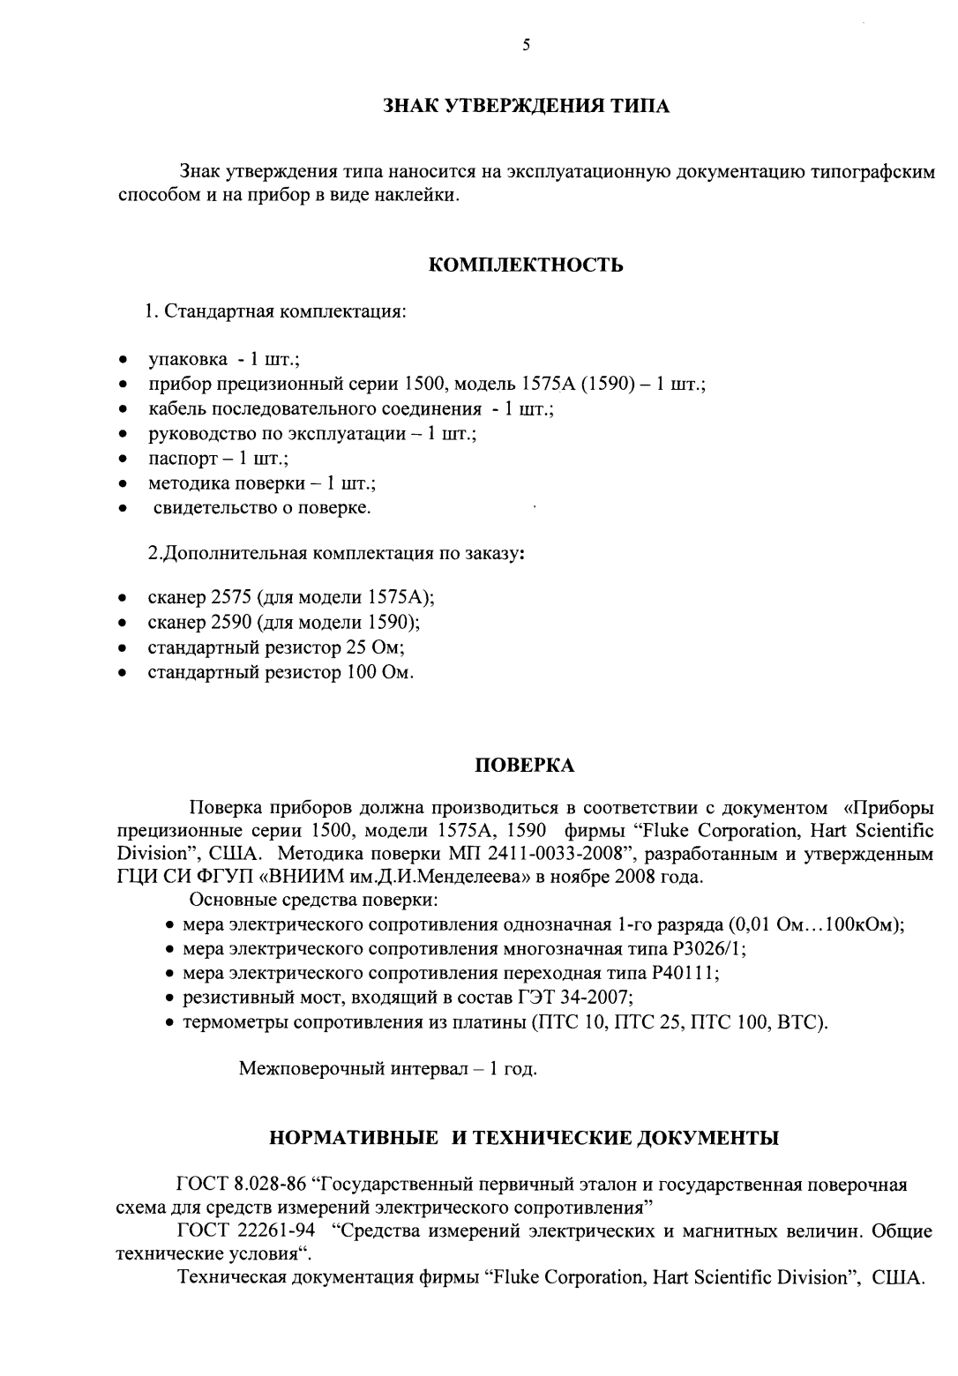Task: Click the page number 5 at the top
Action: tap(526, 46)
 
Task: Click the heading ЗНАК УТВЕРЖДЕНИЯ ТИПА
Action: tap(526, 107)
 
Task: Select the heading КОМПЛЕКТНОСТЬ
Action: tap(526, 265)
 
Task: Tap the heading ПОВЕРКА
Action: tap(526, 765)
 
